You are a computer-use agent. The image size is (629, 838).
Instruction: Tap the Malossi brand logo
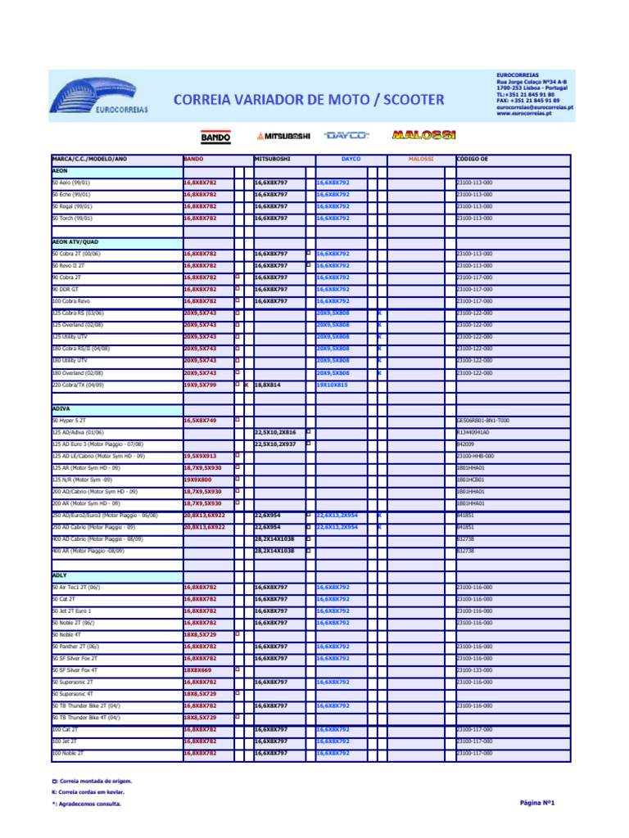(x=423, y=135)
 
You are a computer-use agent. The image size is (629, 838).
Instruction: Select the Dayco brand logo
(x=346, y=135)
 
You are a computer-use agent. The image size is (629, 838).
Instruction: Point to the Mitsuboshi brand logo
(x=283, y=136)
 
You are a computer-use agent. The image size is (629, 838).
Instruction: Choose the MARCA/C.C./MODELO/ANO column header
(x=89, y=159)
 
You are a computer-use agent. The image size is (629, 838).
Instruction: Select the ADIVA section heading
(x=61, y=408)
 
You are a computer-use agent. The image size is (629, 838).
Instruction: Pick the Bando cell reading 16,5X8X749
(x=200, y=420)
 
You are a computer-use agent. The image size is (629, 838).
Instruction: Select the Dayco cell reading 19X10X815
(x=332, y=384)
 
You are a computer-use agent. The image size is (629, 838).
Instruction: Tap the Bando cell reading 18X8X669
(x=197, y=669)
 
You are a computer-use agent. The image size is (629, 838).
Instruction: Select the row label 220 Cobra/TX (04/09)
(x=79, y=384)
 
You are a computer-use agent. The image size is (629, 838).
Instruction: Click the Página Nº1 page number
(x=537, y=803)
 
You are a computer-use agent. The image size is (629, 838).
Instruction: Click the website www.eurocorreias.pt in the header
(x=524, y=114)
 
